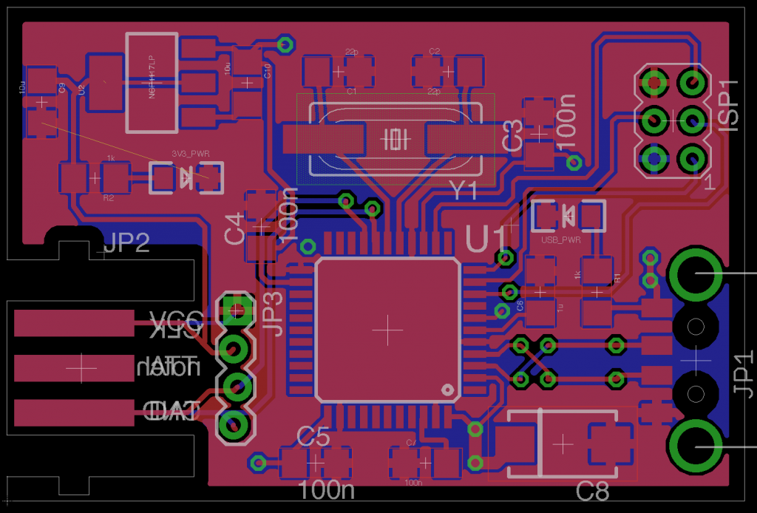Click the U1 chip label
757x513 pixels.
[487, 239]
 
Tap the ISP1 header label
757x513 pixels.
[728, 106]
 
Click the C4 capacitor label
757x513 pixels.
[234, 228]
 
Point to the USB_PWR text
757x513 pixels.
[560, 240]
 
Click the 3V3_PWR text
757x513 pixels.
[190, 154]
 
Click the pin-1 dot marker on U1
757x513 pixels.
[447, 389]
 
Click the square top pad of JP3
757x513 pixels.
[235, 310]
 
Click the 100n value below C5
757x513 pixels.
[326, 489]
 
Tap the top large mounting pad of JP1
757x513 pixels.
[696, 274]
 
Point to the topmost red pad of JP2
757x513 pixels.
[74, 323]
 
